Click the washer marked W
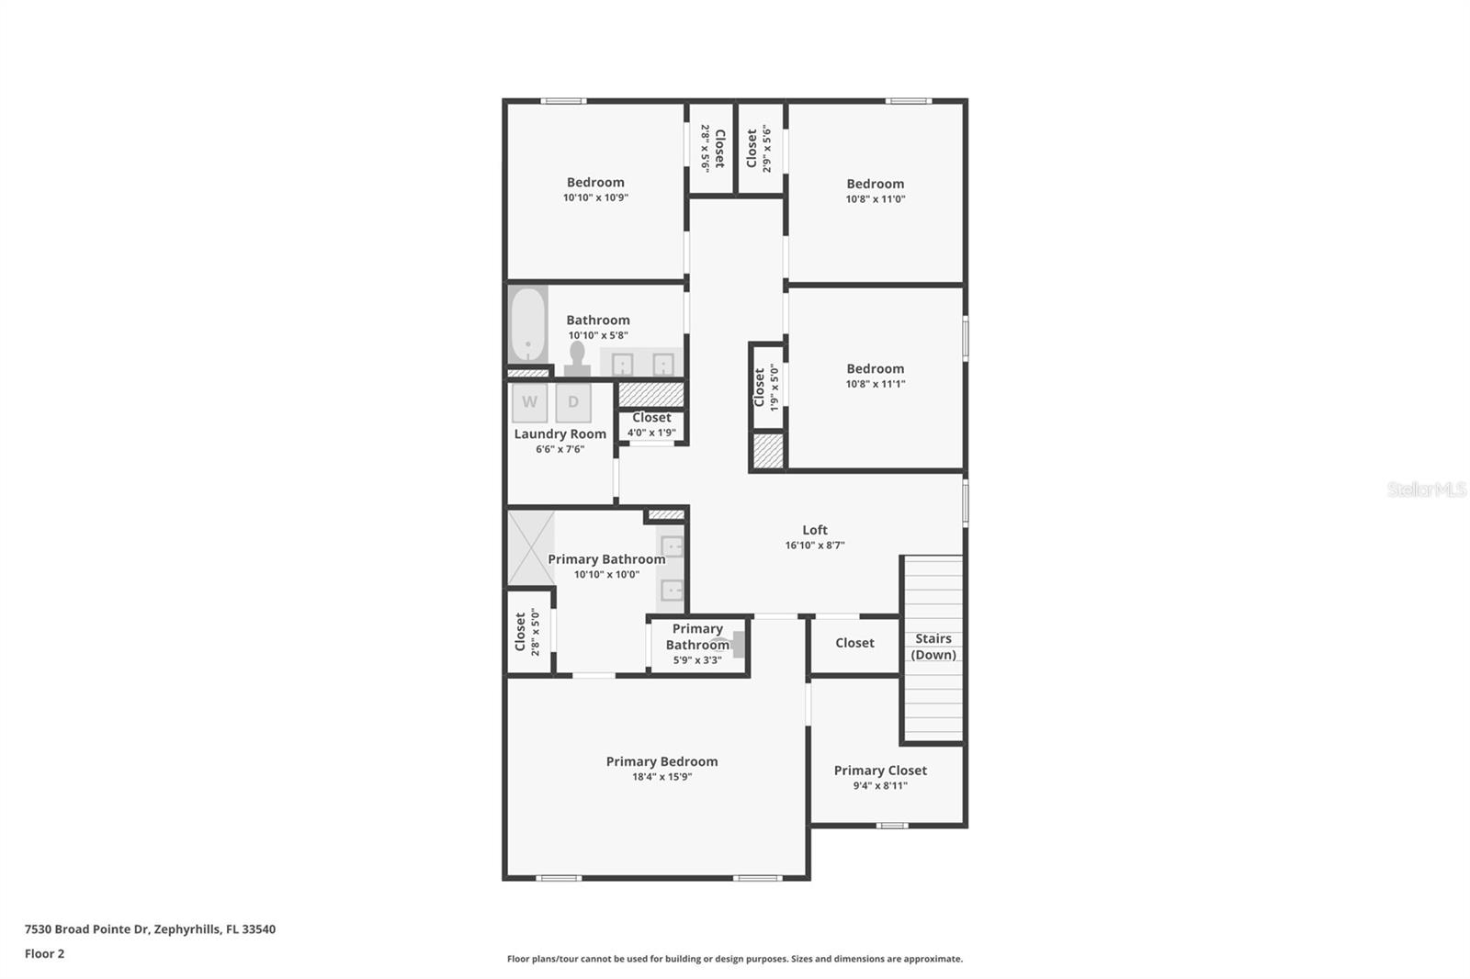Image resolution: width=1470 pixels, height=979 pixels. [x=529, y=402]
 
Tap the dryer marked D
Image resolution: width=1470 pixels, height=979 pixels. [x=573, y=402]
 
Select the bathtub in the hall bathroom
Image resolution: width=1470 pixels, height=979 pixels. [x=527, y=325]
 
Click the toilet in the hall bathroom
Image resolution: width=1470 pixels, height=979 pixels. [x=577, y=358]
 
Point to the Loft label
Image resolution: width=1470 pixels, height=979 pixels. [x=814, y=530]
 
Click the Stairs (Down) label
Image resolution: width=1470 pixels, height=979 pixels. [x=933, y=647]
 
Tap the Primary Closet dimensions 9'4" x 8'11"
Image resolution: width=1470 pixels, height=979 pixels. [x=880, y=785]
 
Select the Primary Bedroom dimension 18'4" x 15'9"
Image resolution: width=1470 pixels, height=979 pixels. [x=661, y=776]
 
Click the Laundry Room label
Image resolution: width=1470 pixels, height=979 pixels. [x=560, y=433]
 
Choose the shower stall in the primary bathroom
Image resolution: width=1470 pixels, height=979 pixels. [x=531, y=548]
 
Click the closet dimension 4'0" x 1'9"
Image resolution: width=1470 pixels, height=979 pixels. [x=651, y=433]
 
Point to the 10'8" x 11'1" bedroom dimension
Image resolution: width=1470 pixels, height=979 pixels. [x=875, y=384]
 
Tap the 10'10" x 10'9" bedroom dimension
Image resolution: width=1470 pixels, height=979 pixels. [x=595, y=197]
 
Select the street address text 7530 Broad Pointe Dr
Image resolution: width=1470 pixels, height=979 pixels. [x=86, y=929]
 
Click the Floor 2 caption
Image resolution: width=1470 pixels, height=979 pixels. [x=45, y=953]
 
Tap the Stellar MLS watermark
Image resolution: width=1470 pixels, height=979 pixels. [x=1426, y=489]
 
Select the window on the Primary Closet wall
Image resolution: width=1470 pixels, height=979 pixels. [x=892, y=826]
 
